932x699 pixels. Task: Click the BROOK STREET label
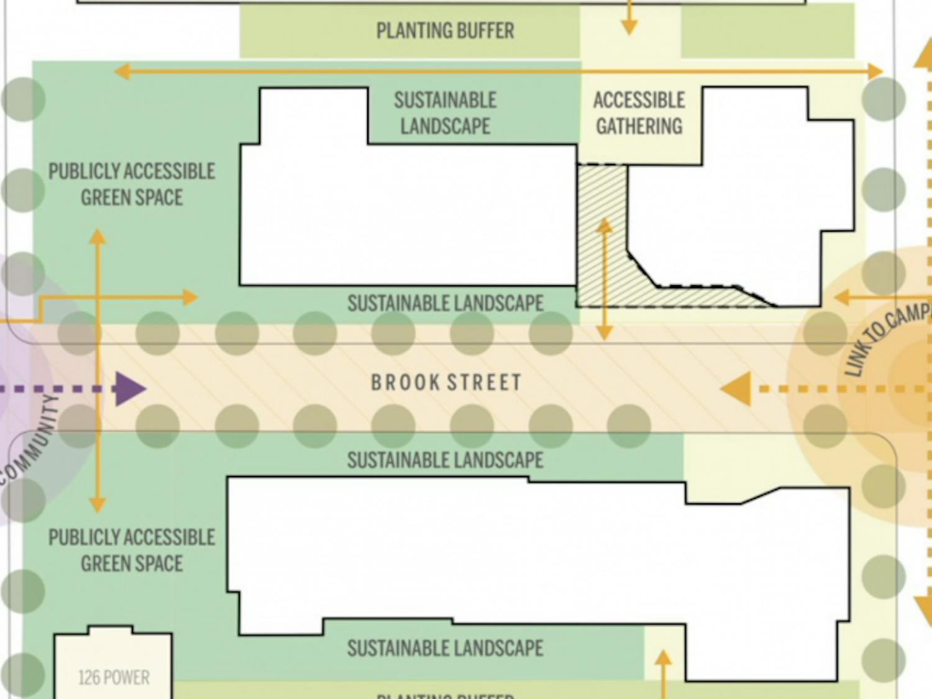[446, 382]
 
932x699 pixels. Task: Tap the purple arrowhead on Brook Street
[130, 389]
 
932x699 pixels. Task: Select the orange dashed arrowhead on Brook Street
[737, 389]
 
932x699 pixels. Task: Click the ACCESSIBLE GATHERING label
[639, 113]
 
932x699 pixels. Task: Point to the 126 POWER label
[114, 677]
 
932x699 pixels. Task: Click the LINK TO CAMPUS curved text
[888, 339]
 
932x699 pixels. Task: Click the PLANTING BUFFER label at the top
[445, 30]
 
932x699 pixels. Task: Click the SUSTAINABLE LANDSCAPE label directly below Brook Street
[445, 460]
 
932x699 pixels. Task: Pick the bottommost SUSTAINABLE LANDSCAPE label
[445, 649]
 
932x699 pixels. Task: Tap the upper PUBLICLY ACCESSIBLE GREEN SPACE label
[132, 185]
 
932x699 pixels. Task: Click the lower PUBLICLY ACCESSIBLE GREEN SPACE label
[132, 551]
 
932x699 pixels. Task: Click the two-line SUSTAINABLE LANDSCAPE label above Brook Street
[445, 113]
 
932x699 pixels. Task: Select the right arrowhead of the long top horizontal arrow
[875, 71]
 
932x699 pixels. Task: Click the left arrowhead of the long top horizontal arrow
[122, 71]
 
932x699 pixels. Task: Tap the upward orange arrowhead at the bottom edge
[664, 658]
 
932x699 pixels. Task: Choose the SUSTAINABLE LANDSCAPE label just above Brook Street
[445, 303]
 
